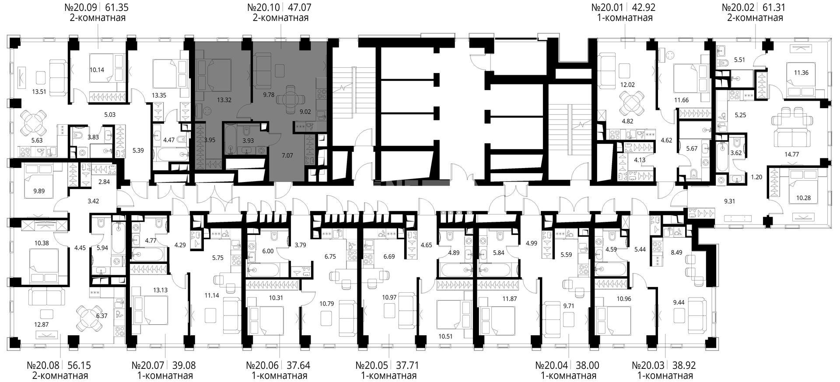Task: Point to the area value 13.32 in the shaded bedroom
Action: tap(224, 99)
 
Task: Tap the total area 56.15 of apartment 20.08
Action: tap(79, 365)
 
